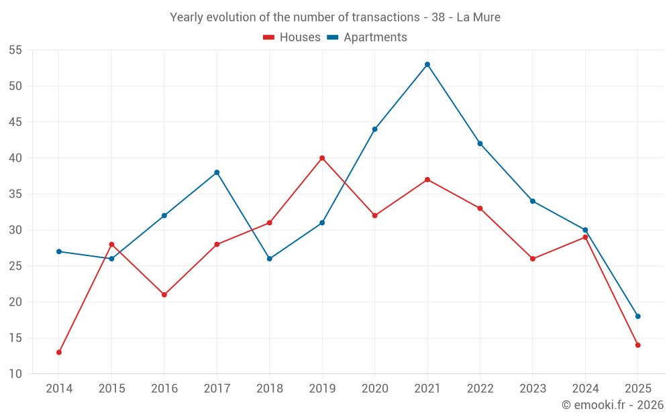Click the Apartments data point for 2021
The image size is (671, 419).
pos(427,64)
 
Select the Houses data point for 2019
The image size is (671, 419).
pos(322,158)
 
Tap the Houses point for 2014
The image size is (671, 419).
pos(59,352)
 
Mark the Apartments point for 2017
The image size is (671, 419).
pos(217,172)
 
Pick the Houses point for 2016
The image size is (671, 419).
pos(164,294)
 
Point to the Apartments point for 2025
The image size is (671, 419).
pos(638,316)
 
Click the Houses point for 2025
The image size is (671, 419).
pos(638,345)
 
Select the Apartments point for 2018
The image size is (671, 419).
pos(270,259)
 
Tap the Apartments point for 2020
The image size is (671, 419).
pos(375,129)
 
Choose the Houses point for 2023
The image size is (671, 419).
pos(533,259)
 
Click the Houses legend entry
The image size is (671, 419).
pos(292,38)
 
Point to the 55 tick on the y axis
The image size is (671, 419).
pos(15,50)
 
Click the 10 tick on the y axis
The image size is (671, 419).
pos(15,374)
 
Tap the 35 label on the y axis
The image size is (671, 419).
pos(15,194)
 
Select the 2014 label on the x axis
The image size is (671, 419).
pos(59,389)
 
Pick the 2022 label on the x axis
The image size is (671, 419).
pos(480,389)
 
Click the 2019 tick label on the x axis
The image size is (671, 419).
pos(322,389)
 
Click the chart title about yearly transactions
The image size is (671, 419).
pos(335,17)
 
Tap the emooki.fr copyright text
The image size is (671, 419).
pos(613,405)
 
